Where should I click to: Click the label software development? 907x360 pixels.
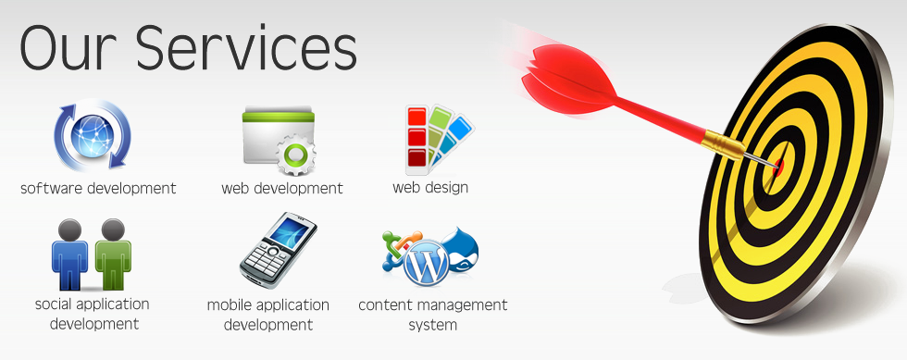point(98,188)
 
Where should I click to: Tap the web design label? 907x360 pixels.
point(430,188)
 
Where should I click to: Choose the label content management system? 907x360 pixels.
point(432,315)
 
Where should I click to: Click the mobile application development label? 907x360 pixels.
point(268,315)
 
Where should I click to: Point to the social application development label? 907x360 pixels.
point(92,314)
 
